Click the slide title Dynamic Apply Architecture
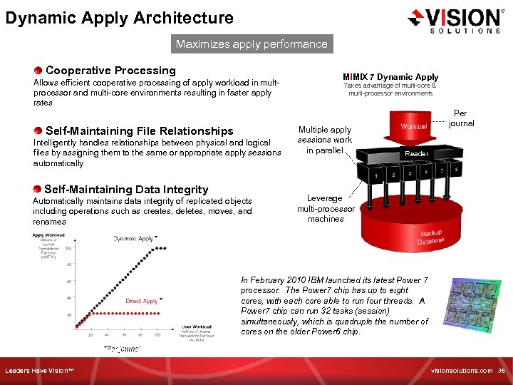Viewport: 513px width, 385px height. pyautogui.click(x=119, y=18)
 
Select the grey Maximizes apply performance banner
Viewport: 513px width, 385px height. pyautogui.click(x=252, y=44)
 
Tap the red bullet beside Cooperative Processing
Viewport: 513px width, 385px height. pyautogui.click(x=38, y=71)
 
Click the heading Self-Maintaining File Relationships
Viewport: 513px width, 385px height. pyautogui.click(x=139, y=131)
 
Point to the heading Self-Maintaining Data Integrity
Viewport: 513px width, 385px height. pyautogui.click(x=126, y=190)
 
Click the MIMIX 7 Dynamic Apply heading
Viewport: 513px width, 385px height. pyautogui.click(x=390, y=77)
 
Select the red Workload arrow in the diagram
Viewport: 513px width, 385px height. pyautogui.click(x=413, y=127)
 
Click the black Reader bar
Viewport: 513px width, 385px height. pyautogui.click(x=416, y=153)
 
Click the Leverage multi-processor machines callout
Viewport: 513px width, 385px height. pyautogui.click(x=325, y=208)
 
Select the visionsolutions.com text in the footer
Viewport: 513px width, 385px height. pyautogui.click(x=462, y=371)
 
